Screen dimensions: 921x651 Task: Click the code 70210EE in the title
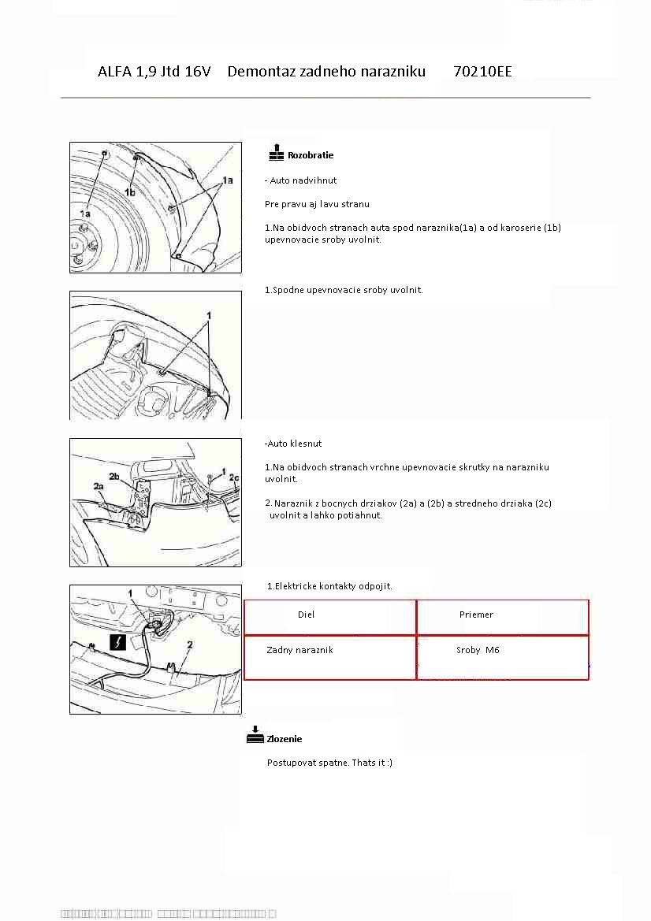pyautogui.click(x=482, y=72)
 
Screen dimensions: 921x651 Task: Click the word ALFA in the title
pyautogui.click(x=115, y=72)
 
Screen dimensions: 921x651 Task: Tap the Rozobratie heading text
pyautogui.click(x=311, y=155)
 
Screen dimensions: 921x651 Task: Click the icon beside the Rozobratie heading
pyautogui.click(x=276, y=152)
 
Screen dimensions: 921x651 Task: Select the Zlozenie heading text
pyautogui.click(x=285, y=739)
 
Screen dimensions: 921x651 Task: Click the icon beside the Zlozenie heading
pyautogui.click(x=255, y=735)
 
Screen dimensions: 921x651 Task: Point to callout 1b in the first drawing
pyautogui.click(x=130, y=191)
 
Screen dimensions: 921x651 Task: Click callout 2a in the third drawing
pyautogui.click(x=99, y=487)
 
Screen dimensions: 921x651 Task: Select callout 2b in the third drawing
pyautogui.click(x=114, y=477)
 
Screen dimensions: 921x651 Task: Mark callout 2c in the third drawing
pyautogui.click(x=234, y=477)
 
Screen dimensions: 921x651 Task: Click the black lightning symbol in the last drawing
pyautogui.click(x=117, y=642)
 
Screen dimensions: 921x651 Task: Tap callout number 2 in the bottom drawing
pyautogui.click(x=190, y=644)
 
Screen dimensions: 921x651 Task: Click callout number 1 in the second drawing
pyautogui.click(x=209, y=315)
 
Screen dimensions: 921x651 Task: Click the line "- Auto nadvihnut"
pyautogui.click(x=300, y=180)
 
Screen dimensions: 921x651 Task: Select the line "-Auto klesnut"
pyautogui.click(x=293, y=444)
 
